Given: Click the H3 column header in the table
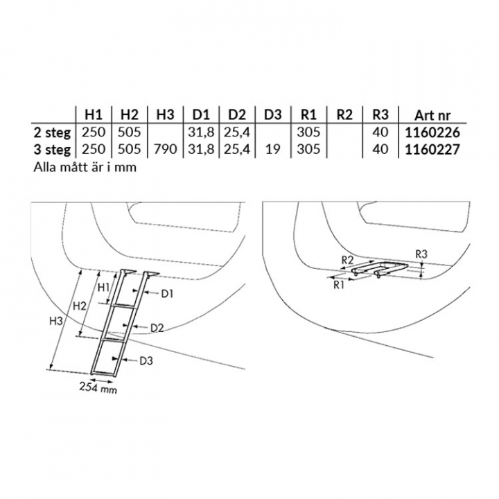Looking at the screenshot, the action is [166, 114].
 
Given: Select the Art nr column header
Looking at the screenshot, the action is [432, 115].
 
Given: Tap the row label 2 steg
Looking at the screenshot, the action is [52, 133].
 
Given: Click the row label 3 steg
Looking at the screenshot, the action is [52, 150].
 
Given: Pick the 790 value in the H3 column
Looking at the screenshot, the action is [166, 149].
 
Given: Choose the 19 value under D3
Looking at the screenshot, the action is [273, 149].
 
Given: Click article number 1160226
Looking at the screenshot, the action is [432, 132].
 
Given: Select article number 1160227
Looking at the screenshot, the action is [432, 149].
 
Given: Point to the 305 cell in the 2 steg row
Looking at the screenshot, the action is [308, 132].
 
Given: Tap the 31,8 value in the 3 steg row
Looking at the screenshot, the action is [201, 149].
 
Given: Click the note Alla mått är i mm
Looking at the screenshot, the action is [85, 167].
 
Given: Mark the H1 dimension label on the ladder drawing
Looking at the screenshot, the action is [103, 288].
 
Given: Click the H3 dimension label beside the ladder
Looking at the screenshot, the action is [56, 322].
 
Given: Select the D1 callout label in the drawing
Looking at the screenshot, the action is [167, 294].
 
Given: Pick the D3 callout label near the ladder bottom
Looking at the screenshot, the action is [146, 361].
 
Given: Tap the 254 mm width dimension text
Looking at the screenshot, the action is [98, 388].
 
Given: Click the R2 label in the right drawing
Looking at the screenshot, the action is [347, 260].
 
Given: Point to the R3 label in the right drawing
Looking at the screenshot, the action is [421, 254].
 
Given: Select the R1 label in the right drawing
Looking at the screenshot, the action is [339, 285].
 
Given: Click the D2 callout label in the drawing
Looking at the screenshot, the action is [157, 328].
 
